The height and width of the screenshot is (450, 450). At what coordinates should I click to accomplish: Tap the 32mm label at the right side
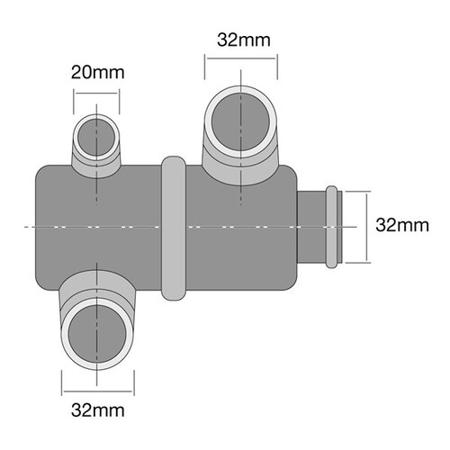click(x=401, y=224)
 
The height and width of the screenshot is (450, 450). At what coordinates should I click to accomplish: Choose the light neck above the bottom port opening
click(x=97, y=290)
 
